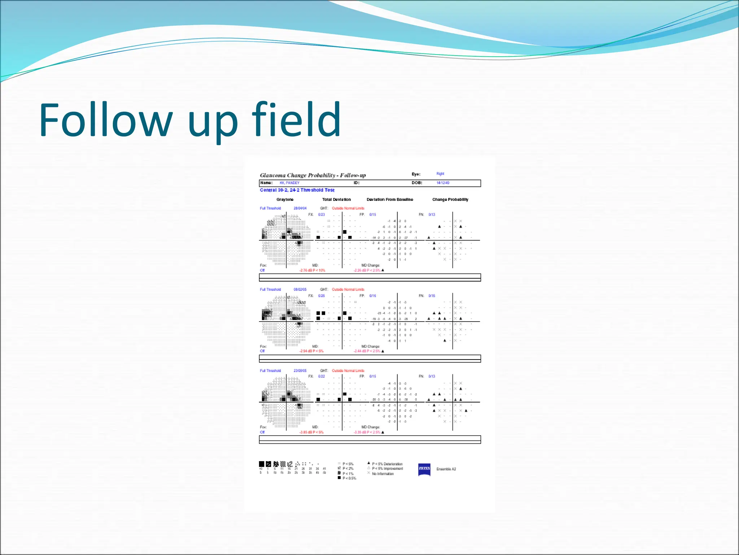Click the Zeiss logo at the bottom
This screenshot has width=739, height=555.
(424, 469)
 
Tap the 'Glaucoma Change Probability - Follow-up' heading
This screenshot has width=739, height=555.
(312, 175)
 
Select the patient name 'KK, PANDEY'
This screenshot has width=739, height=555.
(289, 183)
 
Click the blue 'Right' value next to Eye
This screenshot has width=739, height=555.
(440, 174)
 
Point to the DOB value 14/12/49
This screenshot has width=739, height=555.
(443, 183)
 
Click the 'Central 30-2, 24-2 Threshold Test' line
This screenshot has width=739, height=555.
(297, 190)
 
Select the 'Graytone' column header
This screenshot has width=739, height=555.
(285, 199)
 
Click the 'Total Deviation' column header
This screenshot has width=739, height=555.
(336, 199)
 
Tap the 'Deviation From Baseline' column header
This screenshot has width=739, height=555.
(390, 199)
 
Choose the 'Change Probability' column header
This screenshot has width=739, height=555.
(450, 199)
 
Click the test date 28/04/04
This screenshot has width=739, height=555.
(300, 208)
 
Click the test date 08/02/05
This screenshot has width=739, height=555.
(300, 289)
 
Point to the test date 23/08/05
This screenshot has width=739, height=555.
(300, 371)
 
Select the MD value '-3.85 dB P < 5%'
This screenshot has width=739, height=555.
(311, 432)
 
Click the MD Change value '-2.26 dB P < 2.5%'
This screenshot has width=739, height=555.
(367, 270)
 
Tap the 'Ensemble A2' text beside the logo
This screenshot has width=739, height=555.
(446, 469)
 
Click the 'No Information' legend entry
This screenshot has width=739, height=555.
(382, 474)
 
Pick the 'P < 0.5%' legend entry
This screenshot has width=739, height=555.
(349, 478)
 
